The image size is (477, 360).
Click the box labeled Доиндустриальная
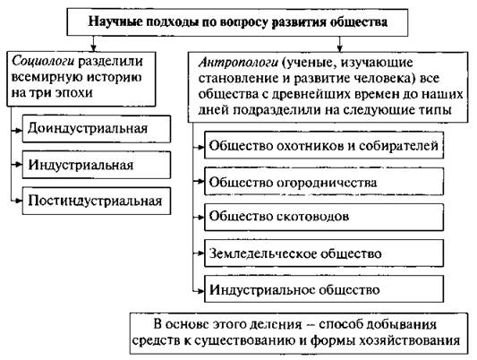click(x=97, y=129)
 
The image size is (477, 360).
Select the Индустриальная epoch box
click(x=97, y=165)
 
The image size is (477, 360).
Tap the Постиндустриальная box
click(x=97, y=201)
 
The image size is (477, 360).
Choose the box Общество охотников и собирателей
click(x=324, y=145)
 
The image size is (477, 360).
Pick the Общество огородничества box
click(x=324, y=182)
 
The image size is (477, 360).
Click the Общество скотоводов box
click(x=324, y=217)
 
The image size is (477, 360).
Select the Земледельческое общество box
click(x=324, y=253)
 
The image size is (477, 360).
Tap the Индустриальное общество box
click(x=324, y=288)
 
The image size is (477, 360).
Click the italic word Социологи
click(x=43, y=62)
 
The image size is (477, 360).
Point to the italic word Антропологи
click(x=238, y=63)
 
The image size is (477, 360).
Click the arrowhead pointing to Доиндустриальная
click(x=19, y=130)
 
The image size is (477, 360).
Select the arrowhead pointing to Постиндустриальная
click(x=19, y=201)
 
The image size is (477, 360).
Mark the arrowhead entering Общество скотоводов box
click(x=200, y=217)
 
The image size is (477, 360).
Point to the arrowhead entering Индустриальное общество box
click(x=200, y=291)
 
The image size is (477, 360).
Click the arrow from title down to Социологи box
click(x=93, y=44)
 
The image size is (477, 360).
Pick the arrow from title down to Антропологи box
click(x=340, y=44)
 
